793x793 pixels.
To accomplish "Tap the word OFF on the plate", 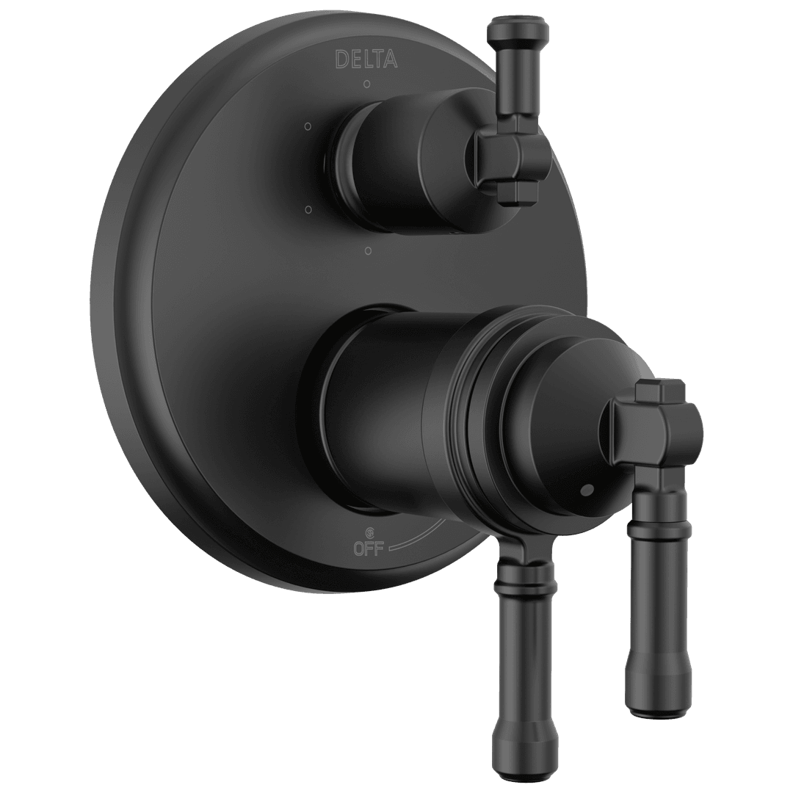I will point(369,548).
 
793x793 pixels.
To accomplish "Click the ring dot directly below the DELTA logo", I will point(366,84).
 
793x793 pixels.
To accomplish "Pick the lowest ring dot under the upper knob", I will point(368,252).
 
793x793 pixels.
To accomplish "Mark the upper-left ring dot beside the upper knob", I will point(308,126).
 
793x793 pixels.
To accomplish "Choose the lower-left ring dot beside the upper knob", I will point(308,211).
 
